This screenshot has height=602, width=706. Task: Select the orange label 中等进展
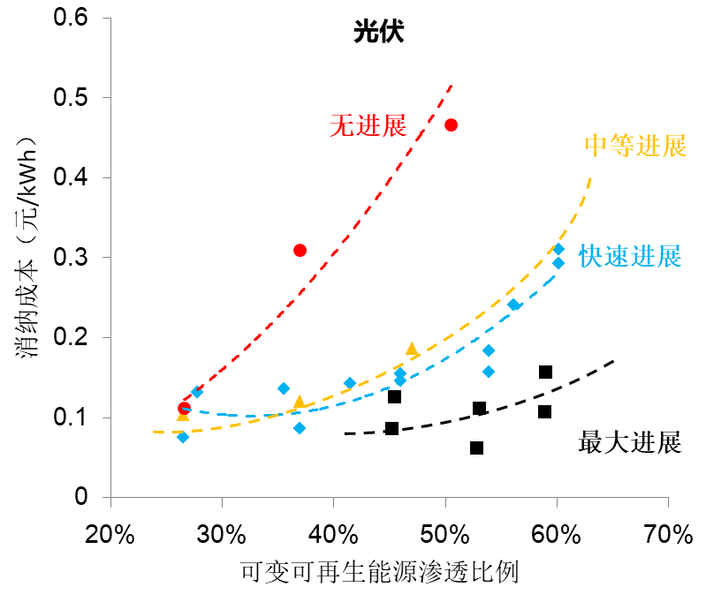[x=635, y=146]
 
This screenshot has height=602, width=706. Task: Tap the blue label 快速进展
[x=630, y=257]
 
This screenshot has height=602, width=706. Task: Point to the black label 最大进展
[x=630, y=441]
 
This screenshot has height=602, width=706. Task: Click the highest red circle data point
[x=451, y=124]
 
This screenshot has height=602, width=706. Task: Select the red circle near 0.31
[x=300, y=251]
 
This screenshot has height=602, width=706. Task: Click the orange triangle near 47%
[x=412, y=350]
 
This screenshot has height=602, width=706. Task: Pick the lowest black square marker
[x=476, y=448]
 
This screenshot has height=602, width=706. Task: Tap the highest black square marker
[x=545, y=372]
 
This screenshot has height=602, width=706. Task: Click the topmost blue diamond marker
[x=558, y=249]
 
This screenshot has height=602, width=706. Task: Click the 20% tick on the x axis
[x=110, y=533]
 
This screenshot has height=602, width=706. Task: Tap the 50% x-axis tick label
[x=445, y=533]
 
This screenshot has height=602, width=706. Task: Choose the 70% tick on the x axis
[x=668, y=533]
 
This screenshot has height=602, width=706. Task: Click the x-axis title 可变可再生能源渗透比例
[x=378, y=574]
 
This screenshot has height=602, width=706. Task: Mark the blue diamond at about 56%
[x=513, y=305]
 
